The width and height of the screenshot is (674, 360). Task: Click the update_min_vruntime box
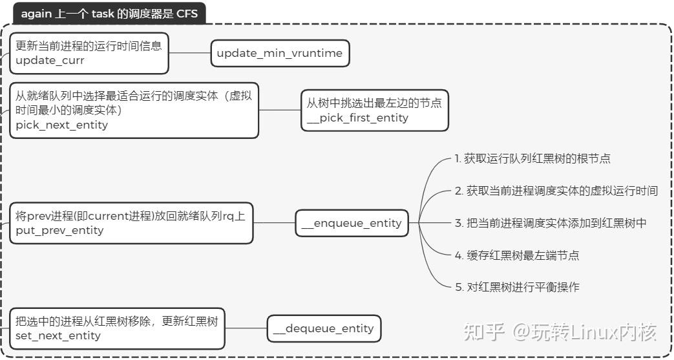click(280, 54)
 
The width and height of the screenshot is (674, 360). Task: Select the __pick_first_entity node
click(375, 111)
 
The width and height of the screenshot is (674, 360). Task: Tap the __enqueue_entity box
click(352, 224)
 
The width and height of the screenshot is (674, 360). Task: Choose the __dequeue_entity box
click(324, 329)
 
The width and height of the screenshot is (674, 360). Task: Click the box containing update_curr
click(89, 53)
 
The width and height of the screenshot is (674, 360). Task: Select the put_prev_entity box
click(131, 223)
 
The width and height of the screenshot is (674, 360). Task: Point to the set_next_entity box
click(117, 328)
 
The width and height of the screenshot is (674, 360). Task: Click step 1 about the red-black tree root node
click(532, 158)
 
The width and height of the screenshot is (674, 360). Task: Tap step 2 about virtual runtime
click(556, 191)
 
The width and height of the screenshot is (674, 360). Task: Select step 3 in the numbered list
click(550, 223)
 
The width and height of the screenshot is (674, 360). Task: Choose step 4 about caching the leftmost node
click(516, 255)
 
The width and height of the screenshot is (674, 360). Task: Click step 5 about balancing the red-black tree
click(516, 287)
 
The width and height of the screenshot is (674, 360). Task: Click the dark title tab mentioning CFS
click(109, 14)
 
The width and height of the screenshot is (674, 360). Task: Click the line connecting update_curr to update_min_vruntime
click(190, 54)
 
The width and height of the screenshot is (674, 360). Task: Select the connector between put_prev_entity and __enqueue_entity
click(274, 223)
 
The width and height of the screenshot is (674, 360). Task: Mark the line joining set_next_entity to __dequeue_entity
click(246, 328)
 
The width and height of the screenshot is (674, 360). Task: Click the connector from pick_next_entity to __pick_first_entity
click(280, 111)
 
